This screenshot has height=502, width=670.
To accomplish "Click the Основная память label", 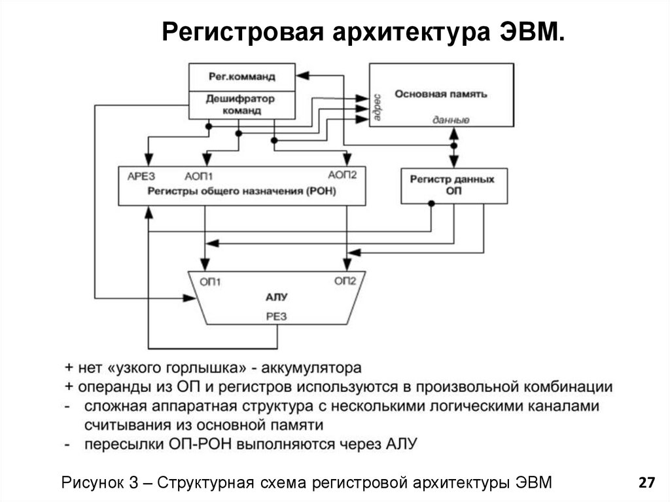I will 440,94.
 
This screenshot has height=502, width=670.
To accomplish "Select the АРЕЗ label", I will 141,175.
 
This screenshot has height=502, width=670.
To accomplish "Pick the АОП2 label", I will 342,175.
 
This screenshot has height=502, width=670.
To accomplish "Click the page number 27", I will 646,483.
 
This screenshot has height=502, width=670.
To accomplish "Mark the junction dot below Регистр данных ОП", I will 431,204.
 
